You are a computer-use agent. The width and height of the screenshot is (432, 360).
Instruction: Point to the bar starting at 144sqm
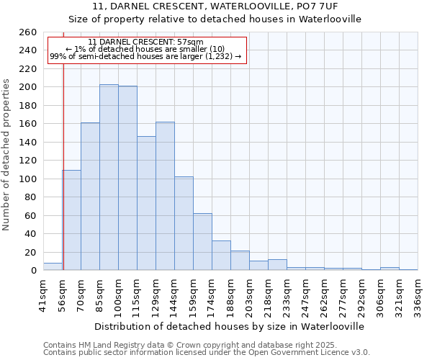(x=184, y=223)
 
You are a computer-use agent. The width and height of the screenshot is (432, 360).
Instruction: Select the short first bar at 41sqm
(x=53, y=266)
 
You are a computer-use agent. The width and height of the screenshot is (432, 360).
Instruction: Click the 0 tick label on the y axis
(x=33, y=271)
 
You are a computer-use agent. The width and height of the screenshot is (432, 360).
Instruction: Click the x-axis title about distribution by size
(x=229, y=326)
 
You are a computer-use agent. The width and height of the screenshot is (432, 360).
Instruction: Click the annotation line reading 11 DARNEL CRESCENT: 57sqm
(x=145, y=42)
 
